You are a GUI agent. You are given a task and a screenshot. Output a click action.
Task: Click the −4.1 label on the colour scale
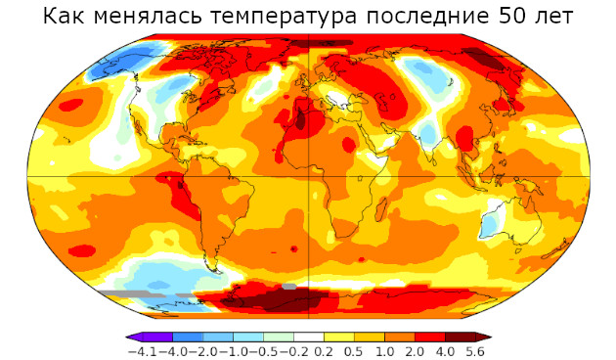(145, 350)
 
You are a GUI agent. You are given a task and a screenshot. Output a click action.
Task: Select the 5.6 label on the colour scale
(475, 350)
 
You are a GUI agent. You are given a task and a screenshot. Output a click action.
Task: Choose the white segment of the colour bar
(309, 337)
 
